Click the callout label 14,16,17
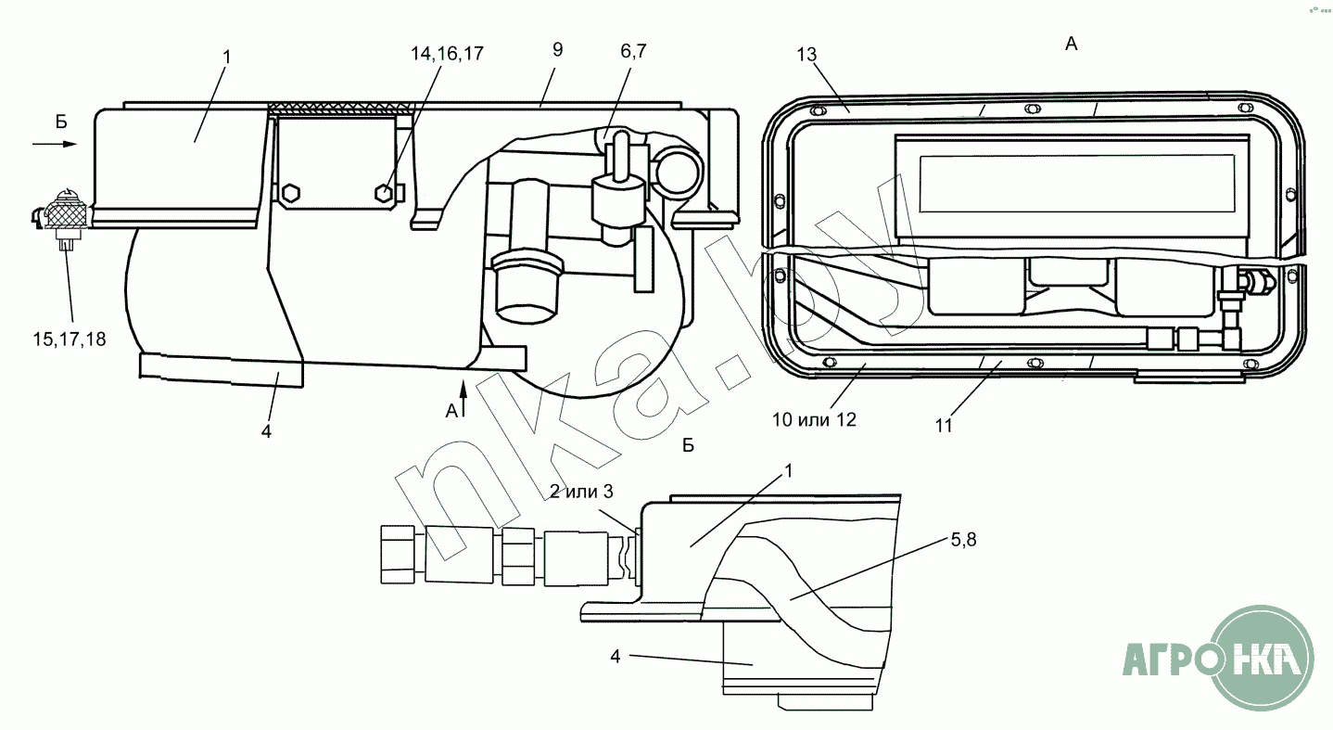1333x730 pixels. pyautogui.click(x=447, y=54)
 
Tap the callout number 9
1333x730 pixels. pyautogui.click(x=557, y=49)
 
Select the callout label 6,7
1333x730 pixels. pyautogui.click(x=633, y=51)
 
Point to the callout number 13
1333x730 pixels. pyautogui.click(x=806, y=55)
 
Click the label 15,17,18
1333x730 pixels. pyautogui.click(x=69, y=339)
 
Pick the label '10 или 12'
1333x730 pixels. pyautogui.click(x=814, y=420)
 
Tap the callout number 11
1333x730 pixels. pyautogui.click(x=944, y=426)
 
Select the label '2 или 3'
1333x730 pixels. pyautogui.click(x=581, y=492)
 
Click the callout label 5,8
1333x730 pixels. pyautogui.click(x=963, y=540)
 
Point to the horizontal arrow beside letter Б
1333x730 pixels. pyautogui.click(x=55, y=144)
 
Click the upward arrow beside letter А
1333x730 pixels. pyautogui.click(x=463, y=398)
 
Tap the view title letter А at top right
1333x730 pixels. pyautogui.click(x=1071, y=44)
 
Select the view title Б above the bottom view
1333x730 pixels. pyautogui.click(x=688, y=445)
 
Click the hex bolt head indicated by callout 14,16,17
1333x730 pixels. pyautogui.click(x=385, y=193)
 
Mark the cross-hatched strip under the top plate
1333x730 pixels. pyautogui.click(x=340, y=109)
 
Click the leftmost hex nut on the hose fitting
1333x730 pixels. pyautogui.click(x=398, y=555)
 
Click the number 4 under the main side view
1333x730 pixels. pyautogui.click(x=266, y=431)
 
